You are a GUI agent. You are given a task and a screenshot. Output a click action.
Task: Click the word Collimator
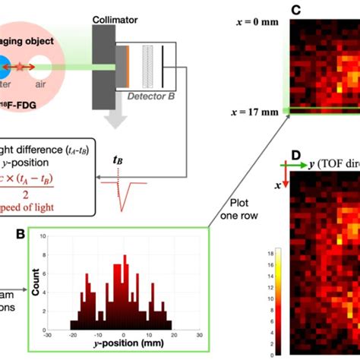(x=114, y=18)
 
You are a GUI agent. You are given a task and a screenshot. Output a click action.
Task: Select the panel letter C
(x=297, y=10)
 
